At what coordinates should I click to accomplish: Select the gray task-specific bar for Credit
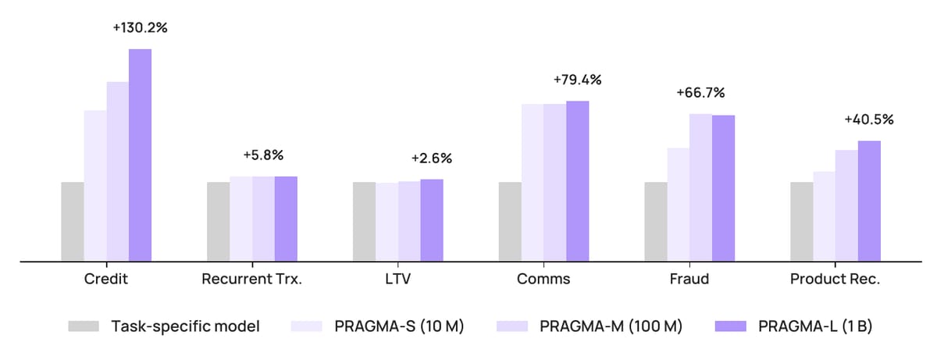(73, 222)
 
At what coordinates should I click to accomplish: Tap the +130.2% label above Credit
(140, 27)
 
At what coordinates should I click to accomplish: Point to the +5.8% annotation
(263, 155)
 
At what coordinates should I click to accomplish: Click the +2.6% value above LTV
(432, 159)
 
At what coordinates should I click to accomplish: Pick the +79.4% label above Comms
(577, 80)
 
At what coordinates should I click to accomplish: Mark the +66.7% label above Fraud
(700, 93)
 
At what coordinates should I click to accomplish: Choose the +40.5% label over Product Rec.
(869, 119)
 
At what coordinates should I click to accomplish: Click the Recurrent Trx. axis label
(251, 279)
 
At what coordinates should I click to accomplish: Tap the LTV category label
(397, 279)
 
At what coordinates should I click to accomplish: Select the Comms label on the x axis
(543, 279)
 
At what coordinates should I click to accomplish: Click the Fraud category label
(689, 279)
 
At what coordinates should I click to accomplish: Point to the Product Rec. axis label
(835, 279)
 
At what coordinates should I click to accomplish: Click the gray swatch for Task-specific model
(84, 326)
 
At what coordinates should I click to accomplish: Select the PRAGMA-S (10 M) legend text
(399, 326)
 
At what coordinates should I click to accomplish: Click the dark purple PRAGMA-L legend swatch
(731, 326)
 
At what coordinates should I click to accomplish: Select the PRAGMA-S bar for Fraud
(678, 205)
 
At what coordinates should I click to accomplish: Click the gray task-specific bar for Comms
(510, 222)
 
